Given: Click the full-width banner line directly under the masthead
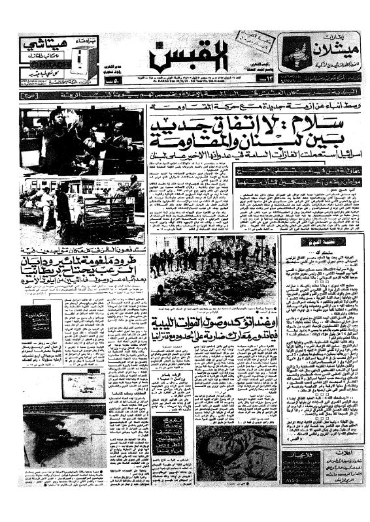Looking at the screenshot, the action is click(x=190, y=95).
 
